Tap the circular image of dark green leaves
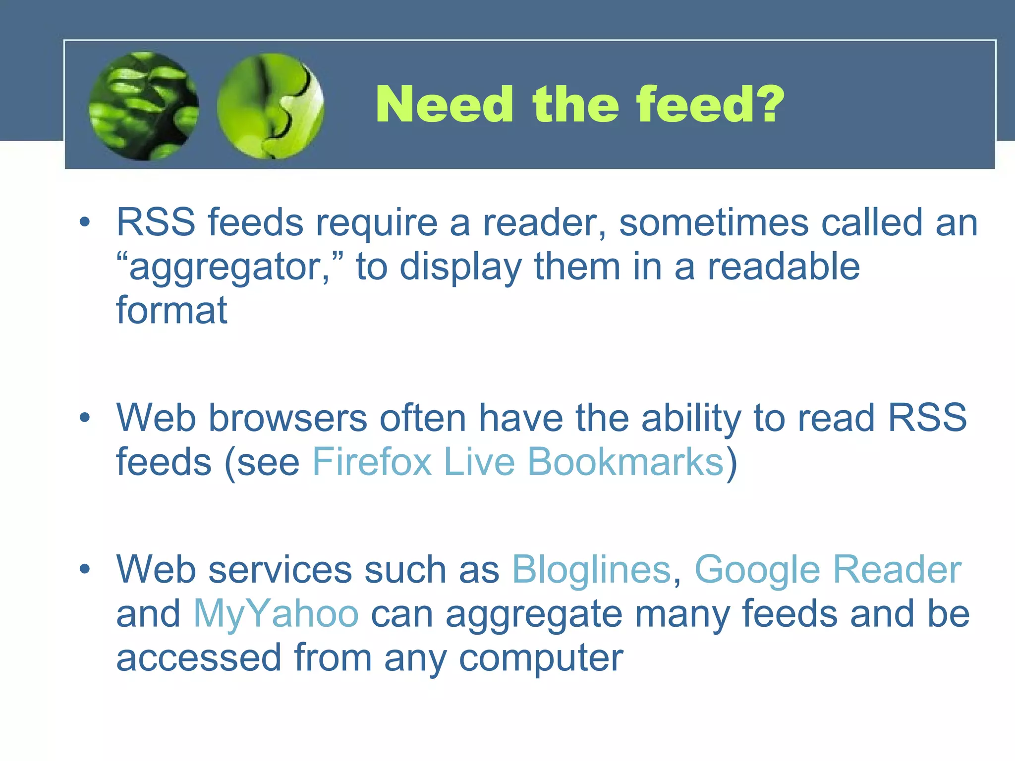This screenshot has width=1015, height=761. point(144,107)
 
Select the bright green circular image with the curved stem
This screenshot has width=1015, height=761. point(271,107)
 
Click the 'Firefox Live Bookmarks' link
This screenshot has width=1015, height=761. point(518,462)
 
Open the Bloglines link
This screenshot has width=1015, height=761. point(591,570)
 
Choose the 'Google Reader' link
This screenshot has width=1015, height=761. point(828,570)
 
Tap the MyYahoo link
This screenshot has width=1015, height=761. point(276,613)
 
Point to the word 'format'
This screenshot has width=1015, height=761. point(171,310)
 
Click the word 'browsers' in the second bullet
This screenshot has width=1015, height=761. point(287,418)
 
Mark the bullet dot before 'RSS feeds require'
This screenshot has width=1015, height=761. point(85,222)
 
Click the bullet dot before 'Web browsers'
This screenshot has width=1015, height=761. point(85,418)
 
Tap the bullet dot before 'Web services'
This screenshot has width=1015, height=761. point(85,570)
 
